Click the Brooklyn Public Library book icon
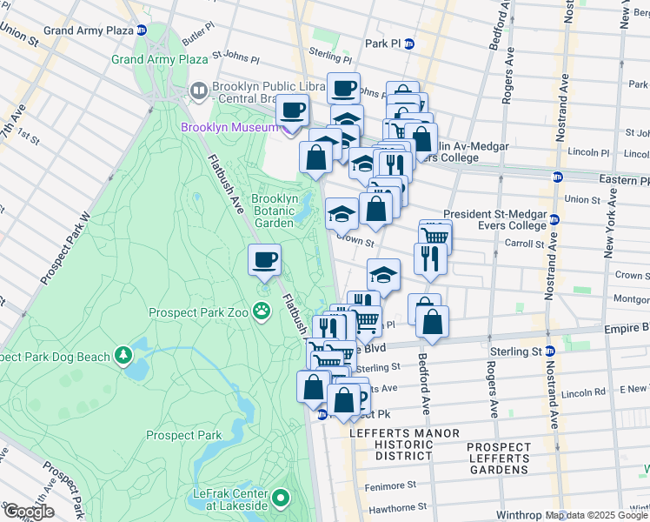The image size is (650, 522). [x=199, y=91]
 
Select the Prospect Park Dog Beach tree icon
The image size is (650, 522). [x=124, y=356]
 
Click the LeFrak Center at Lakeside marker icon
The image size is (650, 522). [x=280, y=499]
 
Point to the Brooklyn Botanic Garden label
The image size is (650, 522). [x=275, y=211]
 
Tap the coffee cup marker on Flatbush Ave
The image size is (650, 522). [x=265, y=259]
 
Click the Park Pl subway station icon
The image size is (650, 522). [x=408, y=43]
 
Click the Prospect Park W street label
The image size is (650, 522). [x=66, y=248]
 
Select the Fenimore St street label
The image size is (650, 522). [x=389, y=485]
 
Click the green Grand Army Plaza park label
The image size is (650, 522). [x=159, y=59]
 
